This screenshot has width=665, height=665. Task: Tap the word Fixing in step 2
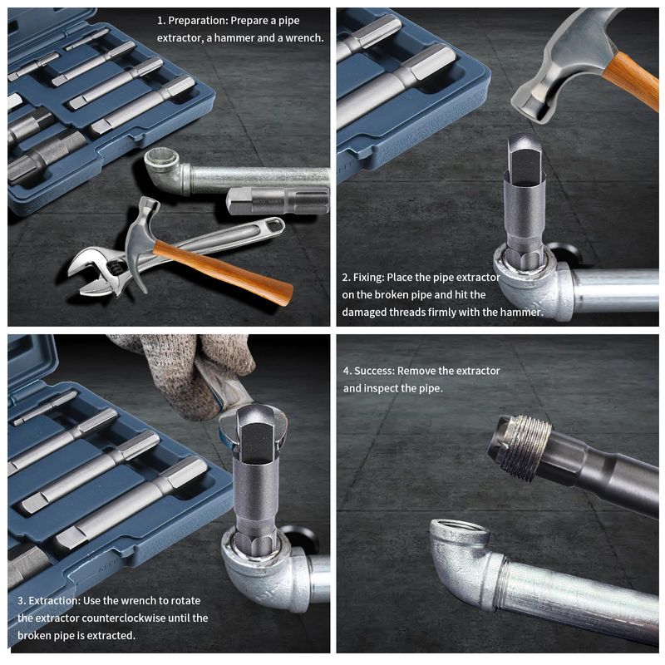(368, 278)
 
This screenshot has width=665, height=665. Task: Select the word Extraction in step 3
(54, 600)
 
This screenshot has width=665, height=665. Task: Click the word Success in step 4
(375, 371)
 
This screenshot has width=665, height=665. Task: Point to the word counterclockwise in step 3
(123, 618)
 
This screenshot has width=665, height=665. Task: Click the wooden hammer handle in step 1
(223, 268)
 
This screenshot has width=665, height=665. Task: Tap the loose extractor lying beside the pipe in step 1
(278, 200)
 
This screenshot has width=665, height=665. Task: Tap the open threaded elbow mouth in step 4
(460, 531)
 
